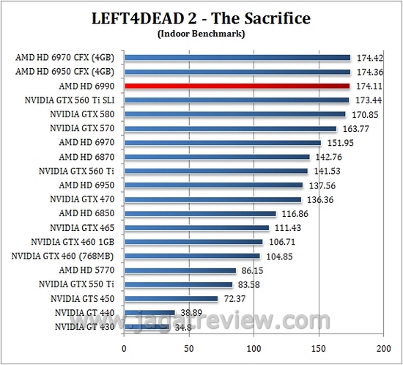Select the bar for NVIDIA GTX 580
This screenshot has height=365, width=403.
pos(234,114)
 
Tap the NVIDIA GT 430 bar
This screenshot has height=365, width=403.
pos(147,327)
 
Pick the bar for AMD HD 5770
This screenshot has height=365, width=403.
pos(180,270)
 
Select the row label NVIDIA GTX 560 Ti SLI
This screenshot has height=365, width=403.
pos(71,100)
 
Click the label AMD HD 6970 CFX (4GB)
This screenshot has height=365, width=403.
pos(64,57)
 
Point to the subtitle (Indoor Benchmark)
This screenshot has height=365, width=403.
pos(202,33)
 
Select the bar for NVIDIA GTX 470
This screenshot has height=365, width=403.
pos(212,199)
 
